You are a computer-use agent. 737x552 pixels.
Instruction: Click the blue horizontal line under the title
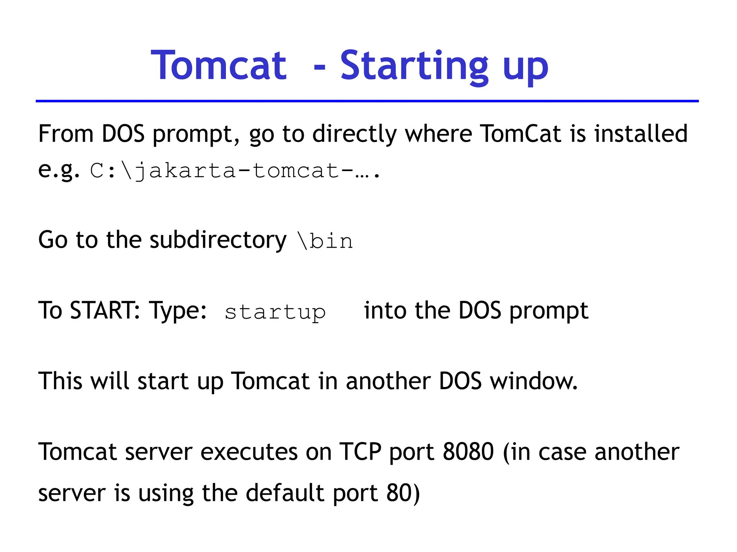click(367, 101)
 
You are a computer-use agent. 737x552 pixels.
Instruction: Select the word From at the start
click(66, 134)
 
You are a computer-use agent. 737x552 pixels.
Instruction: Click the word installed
click(641, 134)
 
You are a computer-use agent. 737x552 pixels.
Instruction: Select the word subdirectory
click(218, 240)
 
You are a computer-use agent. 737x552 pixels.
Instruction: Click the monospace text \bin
click(325, 241)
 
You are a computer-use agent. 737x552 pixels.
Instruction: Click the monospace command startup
click(275, 312)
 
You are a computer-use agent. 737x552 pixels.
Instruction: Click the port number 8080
click(468, 451)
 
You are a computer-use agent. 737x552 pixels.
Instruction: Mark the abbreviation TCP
click(360, 451)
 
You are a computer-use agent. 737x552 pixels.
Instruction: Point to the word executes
click(249, 452)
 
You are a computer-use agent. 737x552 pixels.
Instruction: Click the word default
click(285, 493)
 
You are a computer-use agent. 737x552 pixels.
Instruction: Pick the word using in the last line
click(166, 493)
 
